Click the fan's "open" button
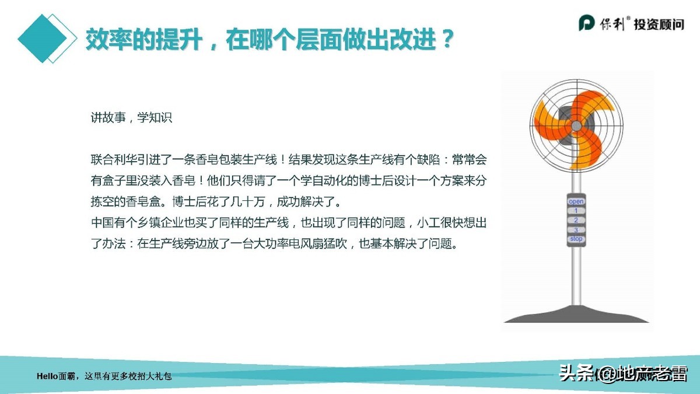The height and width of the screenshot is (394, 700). click(x=576, y=201)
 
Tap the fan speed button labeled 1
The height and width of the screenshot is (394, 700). click(x=576, y=211)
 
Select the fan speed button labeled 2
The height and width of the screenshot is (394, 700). click(x=576, y=220)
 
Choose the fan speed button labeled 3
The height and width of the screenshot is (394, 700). click(x=576, y=230)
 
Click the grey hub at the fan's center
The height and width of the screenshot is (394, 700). click(x=576, y=125)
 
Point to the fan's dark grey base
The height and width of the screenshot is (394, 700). click(x=576, y=315)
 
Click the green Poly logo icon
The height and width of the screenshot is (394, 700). click(x=586, y=23)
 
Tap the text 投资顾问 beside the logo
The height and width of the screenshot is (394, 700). click(x=659, y=24)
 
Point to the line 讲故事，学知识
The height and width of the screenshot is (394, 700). click(x=131, y=117)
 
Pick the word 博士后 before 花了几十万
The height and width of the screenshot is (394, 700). click(x=191, y=202)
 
